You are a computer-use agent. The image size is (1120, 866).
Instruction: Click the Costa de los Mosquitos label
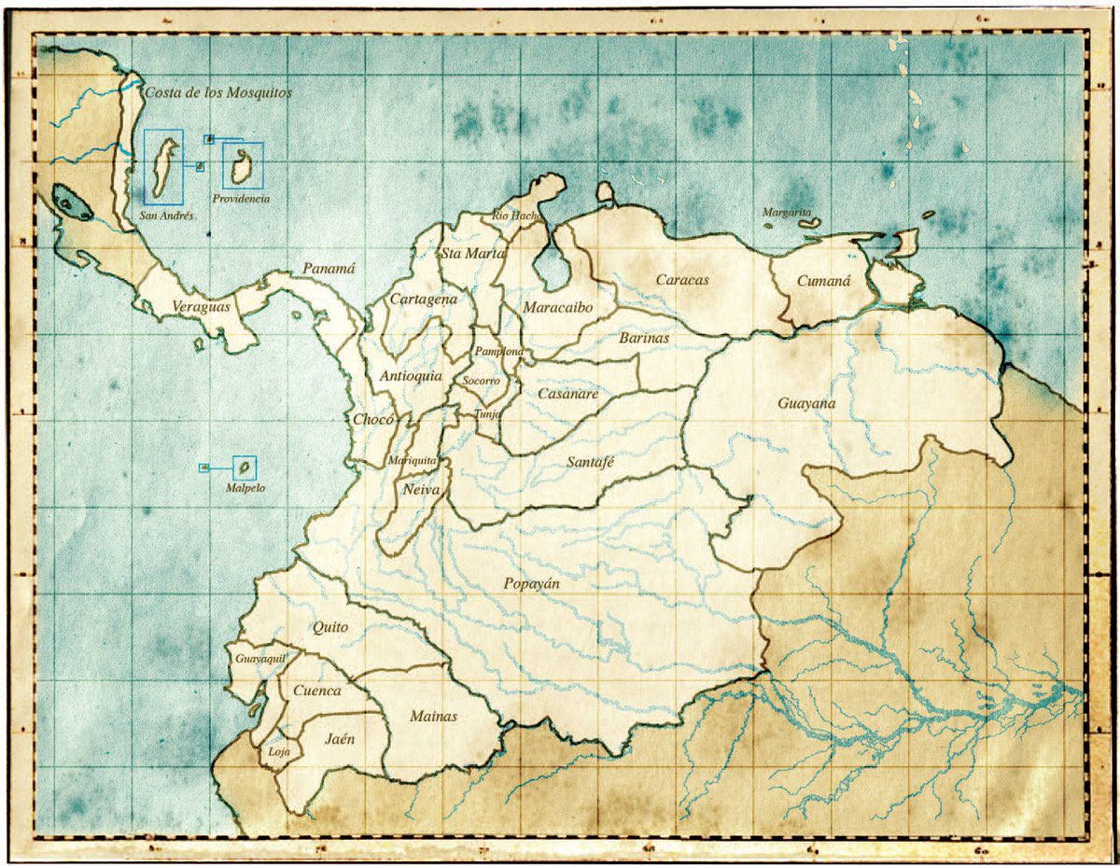pos(218,93)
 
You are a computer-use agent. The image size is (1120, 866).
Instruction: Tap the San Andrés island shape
pos(165,168)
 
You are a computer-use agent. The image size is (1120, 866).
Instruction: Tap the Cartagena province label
pos(423,300)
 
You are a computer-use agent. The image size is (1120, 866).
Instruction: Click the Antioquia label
pos(411,376)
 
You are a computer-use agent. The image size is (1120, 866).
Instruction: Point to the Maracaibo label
pos(555,307)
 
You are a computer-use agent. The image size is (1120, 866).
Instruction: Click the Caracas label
pos(682,279)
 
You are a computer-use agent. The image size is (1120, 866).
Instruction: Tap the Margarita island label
pos(787,213)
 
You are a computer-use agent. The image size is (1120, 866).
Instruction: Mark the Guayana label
pos(806,404)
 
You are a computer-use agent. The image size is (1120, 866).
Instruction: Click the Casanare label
pos(567,394)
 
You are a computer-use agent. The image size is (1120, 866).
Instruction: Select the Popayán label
pos(531,584)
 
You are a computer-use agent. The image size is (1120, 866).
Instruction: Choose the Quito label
pos(330,627)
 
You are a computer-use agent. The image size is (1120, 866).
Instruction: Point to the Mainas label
pos(434,717)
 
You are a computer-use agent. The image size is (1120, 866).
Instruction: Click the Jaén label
pos(340,739)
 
